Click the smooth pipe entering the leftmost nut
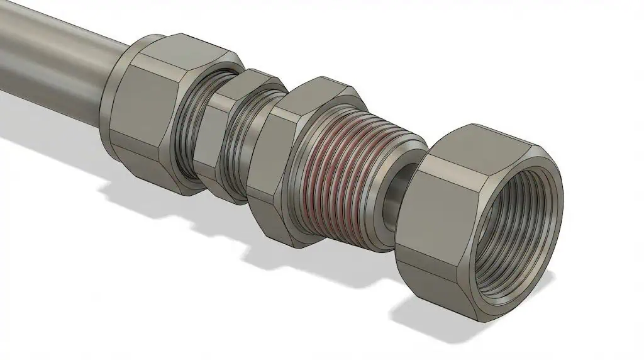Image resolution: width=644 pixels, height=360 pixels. coord(57,57)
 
